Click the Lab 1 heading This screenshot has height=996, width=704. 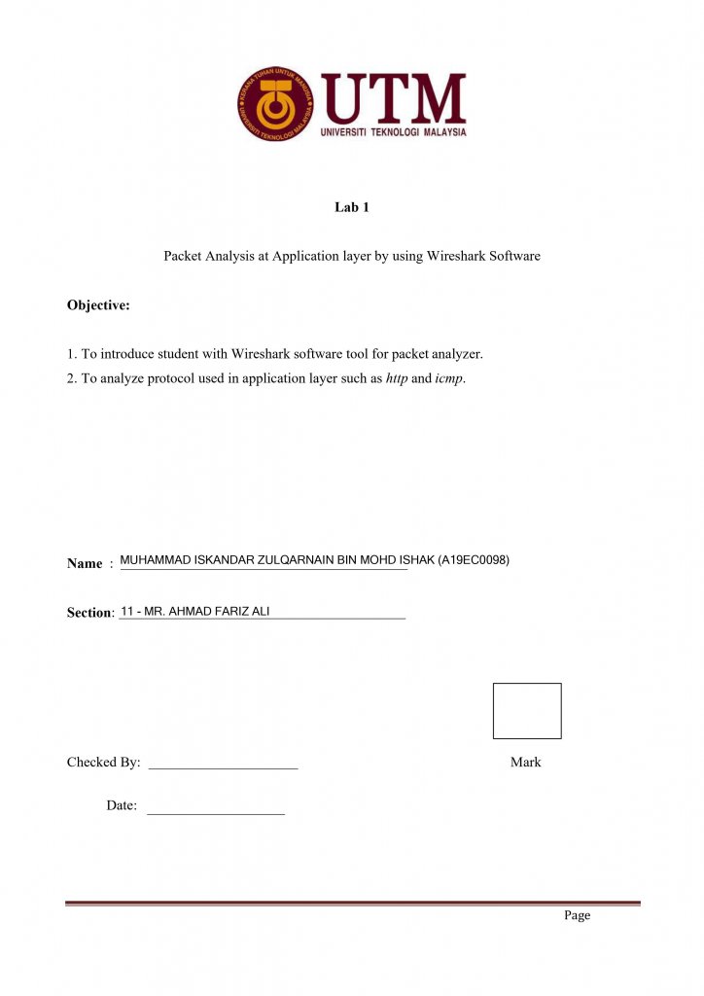352,207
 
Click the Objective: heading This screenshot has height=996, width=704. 98,305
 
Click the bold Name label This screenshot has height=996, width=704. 85,563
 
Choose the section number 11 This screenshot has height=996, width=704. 126,612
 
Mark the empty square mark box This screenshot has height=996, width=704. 527,711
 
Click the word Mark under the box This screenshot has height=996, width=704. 525,763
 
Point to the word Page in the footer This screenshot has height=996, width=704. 577,915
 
